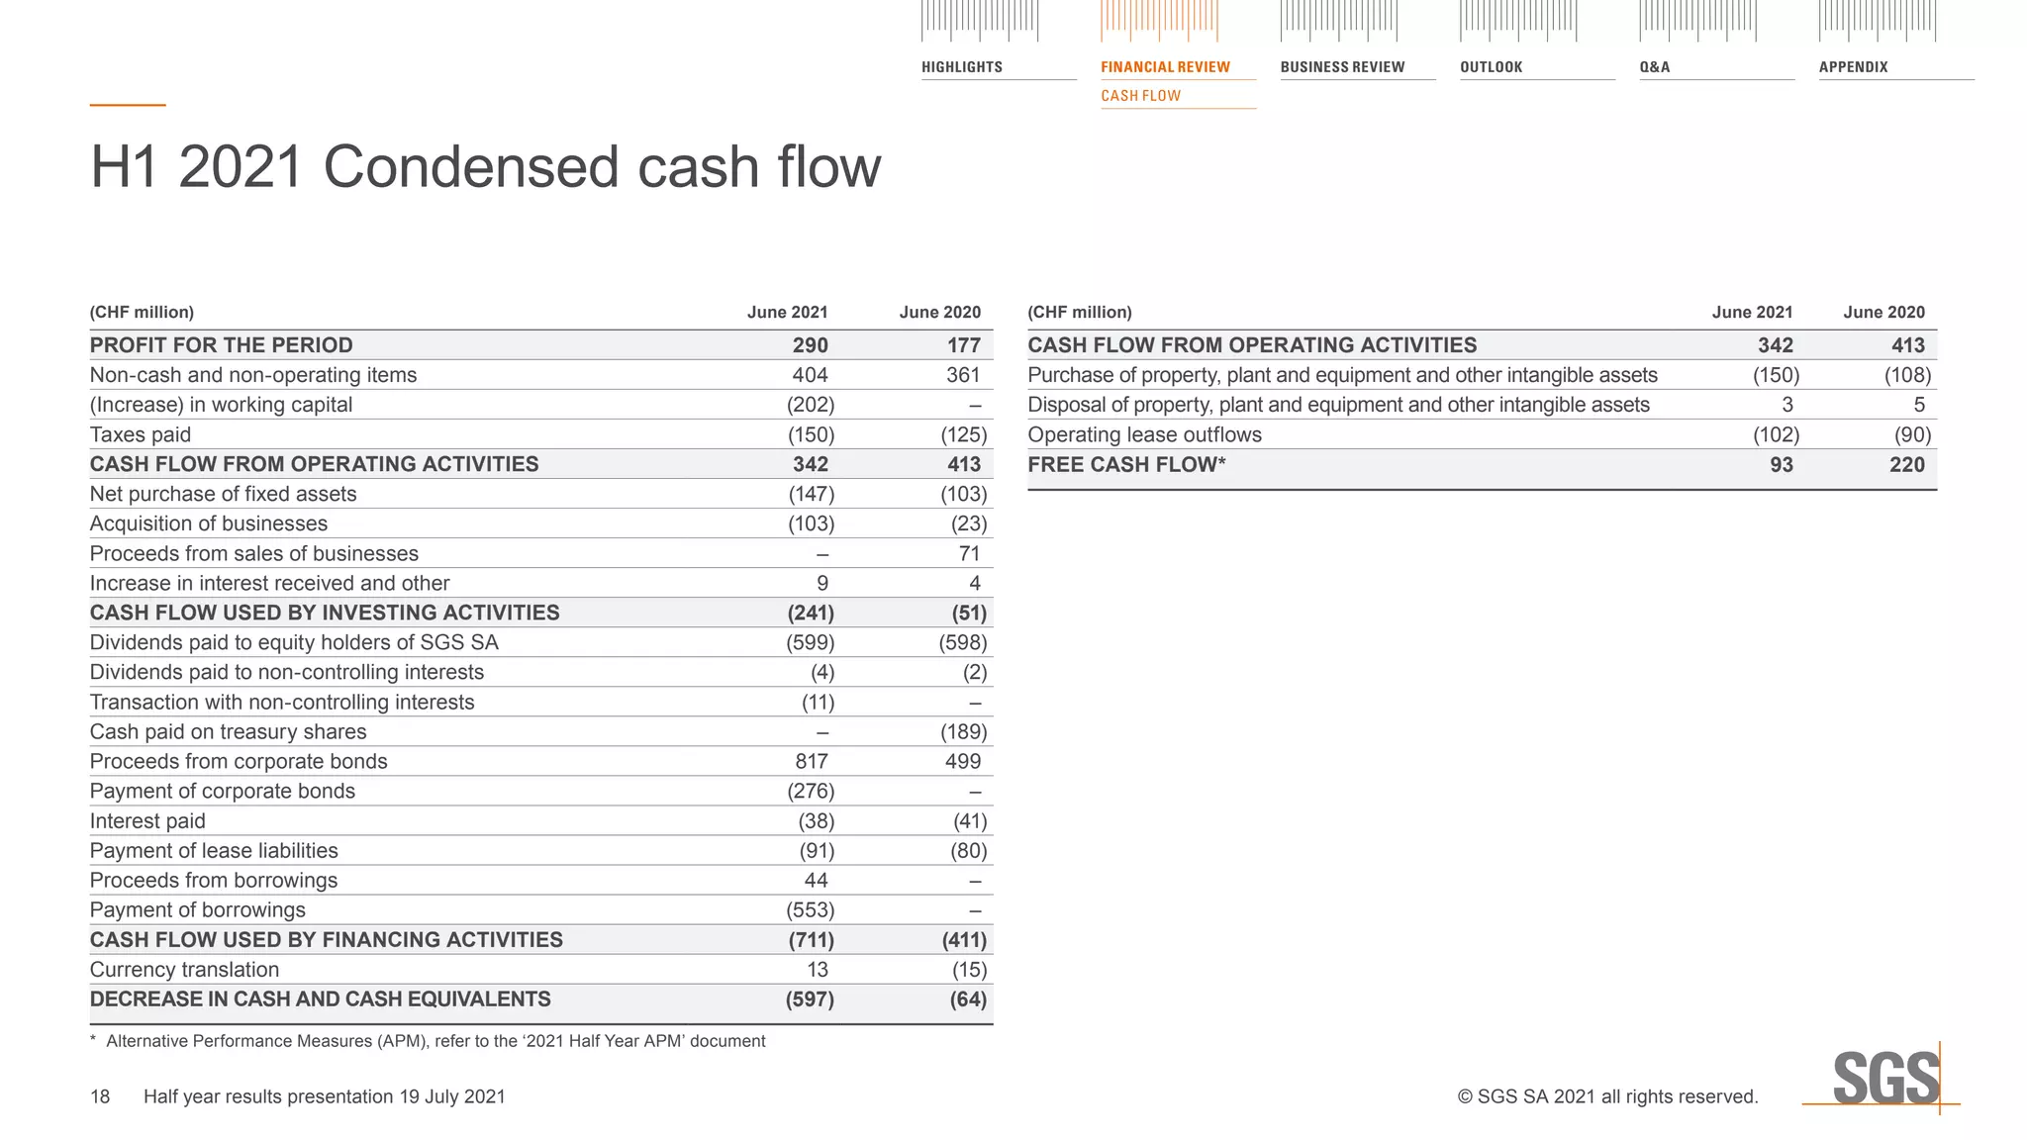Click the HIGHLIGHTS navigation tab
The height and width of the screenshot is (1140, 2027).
click(961, 67)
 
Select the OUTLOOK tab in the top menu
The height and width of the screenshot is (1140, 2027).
click(1491, 67)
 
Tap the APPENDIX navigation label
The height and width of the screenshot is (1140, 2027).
click(1853, 67)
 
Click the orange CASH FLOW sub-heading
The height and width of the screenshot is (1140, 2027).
click(1140, 96)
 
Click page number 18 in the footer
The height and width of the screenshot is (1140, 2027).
click(100, 1096)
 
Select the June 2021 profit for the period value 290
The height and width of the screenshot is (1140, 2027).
click(810, 345)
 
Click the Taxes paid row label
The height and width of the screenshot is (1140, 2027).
click(141, 434)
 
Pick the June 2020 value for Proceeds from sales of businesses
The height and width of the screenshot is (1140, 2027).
click(969, 553)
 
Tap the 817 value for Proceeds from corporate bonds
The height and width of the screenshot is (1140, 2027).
click(811, 761)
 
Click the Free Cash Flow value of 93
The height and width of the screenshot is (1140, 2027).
click(1781, 464)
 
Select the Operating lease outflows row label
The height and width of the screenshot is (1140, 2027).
click(1144, 434)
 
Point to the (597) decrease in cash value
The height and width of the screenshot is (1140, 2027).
click(810, 999)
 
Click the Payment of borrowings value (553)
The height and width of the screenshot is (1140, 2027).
click(810, 909)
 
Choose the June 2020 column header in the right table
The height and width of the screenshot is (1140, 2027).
click(1883, 313)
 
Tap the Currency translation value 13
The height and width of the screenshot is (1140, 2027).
click(817, 970)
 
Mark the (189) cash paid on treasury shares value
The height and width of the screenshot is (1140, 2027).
click(963, 731)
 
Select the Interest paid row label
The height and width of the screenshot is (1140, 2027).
click(147, 820)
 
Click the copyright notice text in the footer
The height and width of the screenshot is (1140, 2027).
click(1607, 1096)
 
